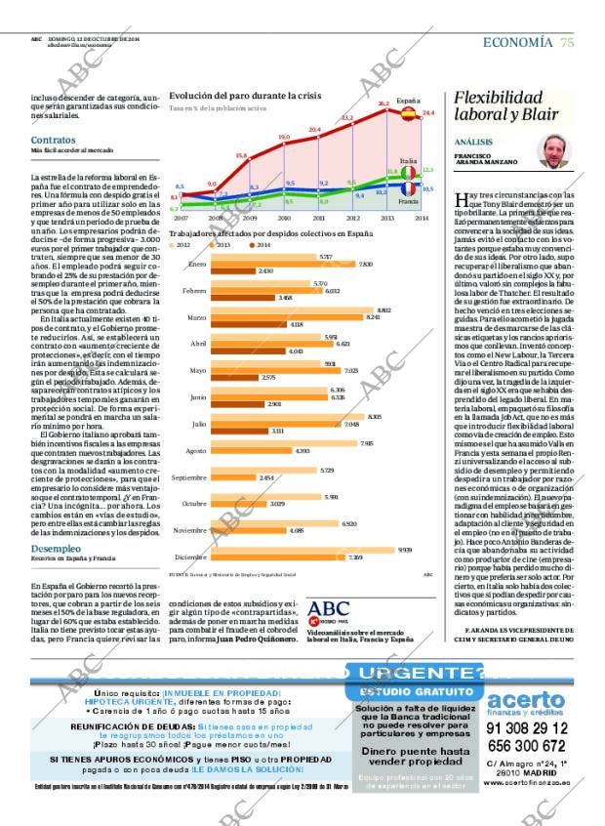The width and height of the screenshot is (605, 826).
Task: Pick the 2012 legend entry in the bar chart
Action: coord(174,245)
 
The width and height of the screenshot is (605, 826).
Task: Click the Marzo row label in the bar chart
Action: coord(196,317)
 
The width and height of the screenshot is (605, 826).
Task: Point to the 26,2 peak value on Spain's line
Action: coord(383,103)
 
